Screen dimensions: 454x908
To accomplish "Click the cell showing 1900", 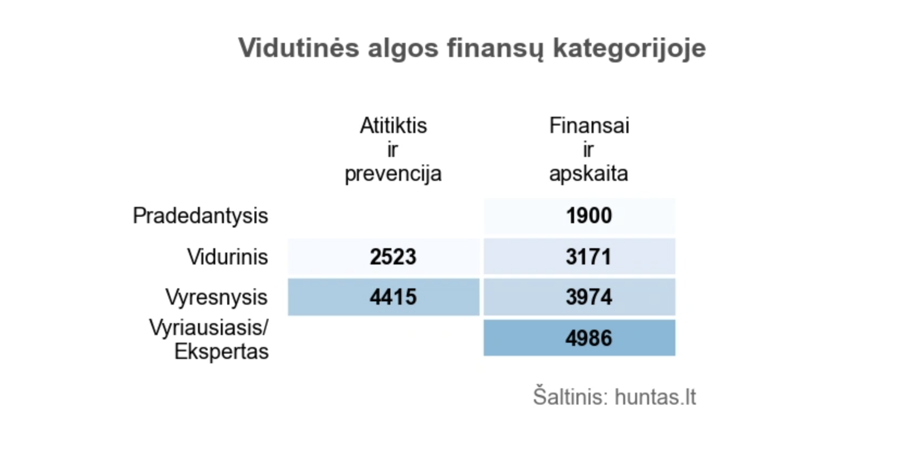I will click(x=589, y=216).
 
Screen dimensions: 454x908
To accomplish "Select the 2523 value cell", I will click(x=393, y=257).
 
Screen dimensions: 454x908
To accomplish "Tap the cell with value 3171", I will click(x=589, y=257).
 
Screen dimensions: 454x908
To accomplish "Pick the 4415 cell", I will click(x=393, y=297).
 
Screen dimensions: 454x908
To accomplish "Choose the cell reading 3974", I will click(x=589, y=297).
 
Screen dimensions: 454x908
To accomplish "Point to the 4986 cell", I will click(x=589, y=338).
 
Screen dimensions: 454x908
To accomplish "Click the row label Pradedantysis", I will click(x=200, y=216).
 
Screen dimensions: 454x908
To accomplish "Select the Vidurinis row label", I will click(x=227, y=257).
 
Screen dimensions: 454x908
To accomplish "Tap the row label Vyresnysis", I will click(x=216, y=297).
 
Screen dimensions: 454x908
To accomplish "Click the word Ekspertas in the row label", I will click(x=221, y=352).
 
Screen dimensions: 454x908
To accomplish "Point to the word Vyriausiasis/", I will click(x=209, y=327).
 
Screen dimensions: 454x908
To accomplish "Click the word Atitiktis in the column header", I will click(x=393, y=126).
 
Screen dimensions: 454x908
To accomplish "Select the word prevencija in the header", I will click(x=393, y=174).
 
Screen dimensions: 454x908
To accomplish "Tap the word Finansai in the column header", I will click(x=589, y=126).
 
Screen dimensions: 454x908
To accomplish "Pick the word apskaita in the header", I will click(x=589, y=174).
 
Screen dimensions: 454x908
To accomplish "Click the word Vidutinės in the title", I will click(x=299, y=48).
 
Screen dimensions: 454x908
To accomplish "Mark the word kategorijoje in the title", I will click(x=629, y=48).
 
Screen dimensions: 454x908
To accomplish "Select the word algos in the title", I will click(x=403, y=48).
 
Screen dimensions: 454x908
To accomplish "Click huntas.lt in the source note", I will click(x=655, y=397).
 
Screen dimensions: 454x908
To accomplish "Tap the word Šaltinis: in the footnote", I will click(x=570, y=397).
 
